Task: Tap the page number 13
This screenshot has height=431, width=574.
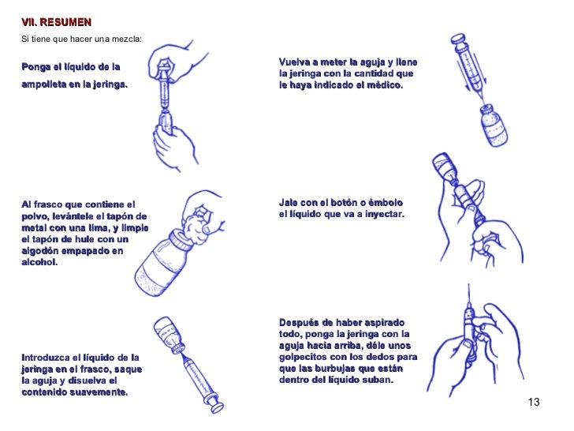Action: click(534, 403)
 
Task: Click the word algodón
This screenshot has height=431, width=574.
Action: click(45, 251)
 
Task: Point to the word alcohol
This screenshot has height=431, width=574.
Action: click(39, 263)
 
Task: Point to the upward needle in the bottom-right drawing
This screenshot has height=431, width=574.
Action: click(466, 298)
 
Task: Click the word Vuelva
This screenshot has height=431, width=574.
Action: click(296, 62)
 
